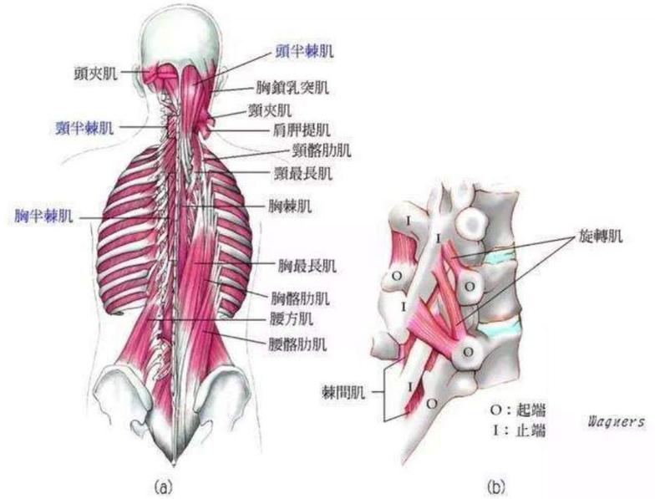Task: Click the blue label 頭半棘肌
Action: pyautogui.click(x=304, y=51)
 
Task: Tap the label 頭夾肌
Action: pyautogui.click(x=95, y=74)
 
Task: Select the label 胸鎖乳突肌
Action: pyautogui.click(x=292, y=87)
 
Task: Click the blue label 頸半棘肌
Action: pyautogui.click(x=84, y=128)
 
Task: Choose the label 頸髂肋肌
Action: pyautogui.click(x=322, y=150)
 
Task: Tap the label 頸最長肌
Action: pyautogui.click(x=302, y=173)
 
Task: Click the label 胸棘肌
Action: pyautogui.click(x=290, y=206)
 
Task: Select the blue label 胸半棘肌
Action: pyautogui.click(x=43, y=216)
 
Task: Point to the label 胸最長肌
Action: pyautogui.click(x=307, y=266)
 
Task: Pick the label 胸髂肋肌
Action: pyautogui.click(x=301, y=298)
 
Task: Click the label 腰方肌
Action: pyautogui.click(x=291, y=319)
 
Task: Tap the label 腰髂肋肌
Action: pyautogui.click(x=297, y=344)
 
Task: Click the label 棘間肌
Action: pyautogui.click(x=343, y=392)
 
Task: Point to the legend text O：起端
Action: pyautogui.click(x=518, y=410)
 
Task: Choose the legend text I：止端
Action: pyautogui.click(x=519, y=430)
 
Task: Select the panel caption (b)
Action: pyautogui.click(x=496, y=486)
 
